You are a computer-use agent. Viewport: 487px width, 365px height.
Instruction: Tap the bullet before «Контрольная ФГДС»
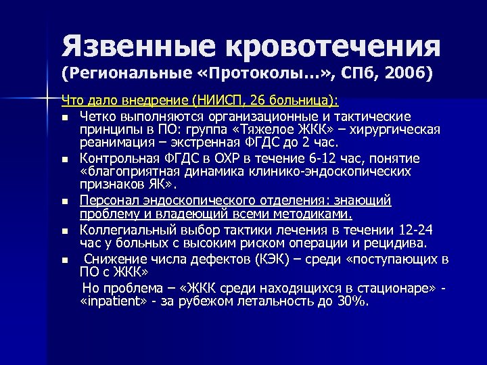(x=64, y=160)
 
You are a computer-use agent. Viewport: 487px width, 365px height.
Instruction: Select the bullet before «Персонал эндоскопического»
(x=64, y=202)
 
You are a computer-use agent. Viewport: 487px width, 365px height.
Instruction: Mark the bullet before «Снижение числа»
(x=64, y=260)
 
